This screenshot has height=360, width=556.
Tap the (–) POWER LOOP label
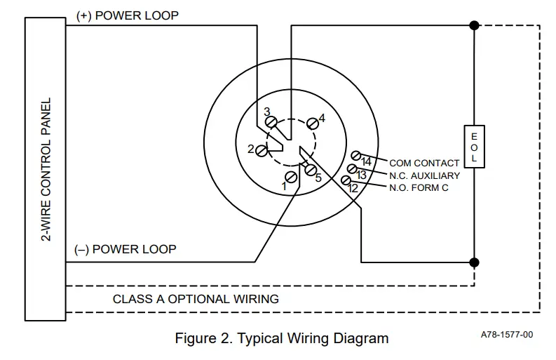125,249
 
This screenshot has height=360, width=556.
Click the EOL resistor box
474,147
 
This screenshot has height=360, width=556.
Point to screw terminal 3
271,122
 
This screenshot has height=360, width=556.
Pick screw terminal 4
312,124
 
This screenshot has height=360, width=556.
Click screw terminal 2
262,149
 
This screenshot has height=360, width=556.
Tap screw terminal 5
309,168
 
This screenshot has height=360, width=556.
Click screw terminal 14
356,155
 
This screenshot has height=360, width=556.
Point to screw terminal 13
352,168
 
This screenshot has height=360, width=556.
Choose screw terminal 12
346,180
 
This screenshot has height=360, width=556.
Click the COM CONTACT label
424,164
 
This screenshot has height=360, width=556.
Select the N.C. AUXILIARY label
424,175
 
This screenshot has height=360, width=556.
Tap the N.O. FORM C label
419,187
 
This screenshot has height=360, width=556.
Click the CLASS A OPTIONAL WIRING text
196,299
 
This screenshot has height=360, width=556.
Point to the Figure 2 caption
281,339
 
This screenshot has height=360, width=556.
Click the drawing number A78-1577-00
507,335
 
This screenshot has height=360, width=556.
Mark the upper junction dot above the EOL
474,25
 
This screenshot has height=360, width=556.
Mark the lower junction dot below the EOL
474,262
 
